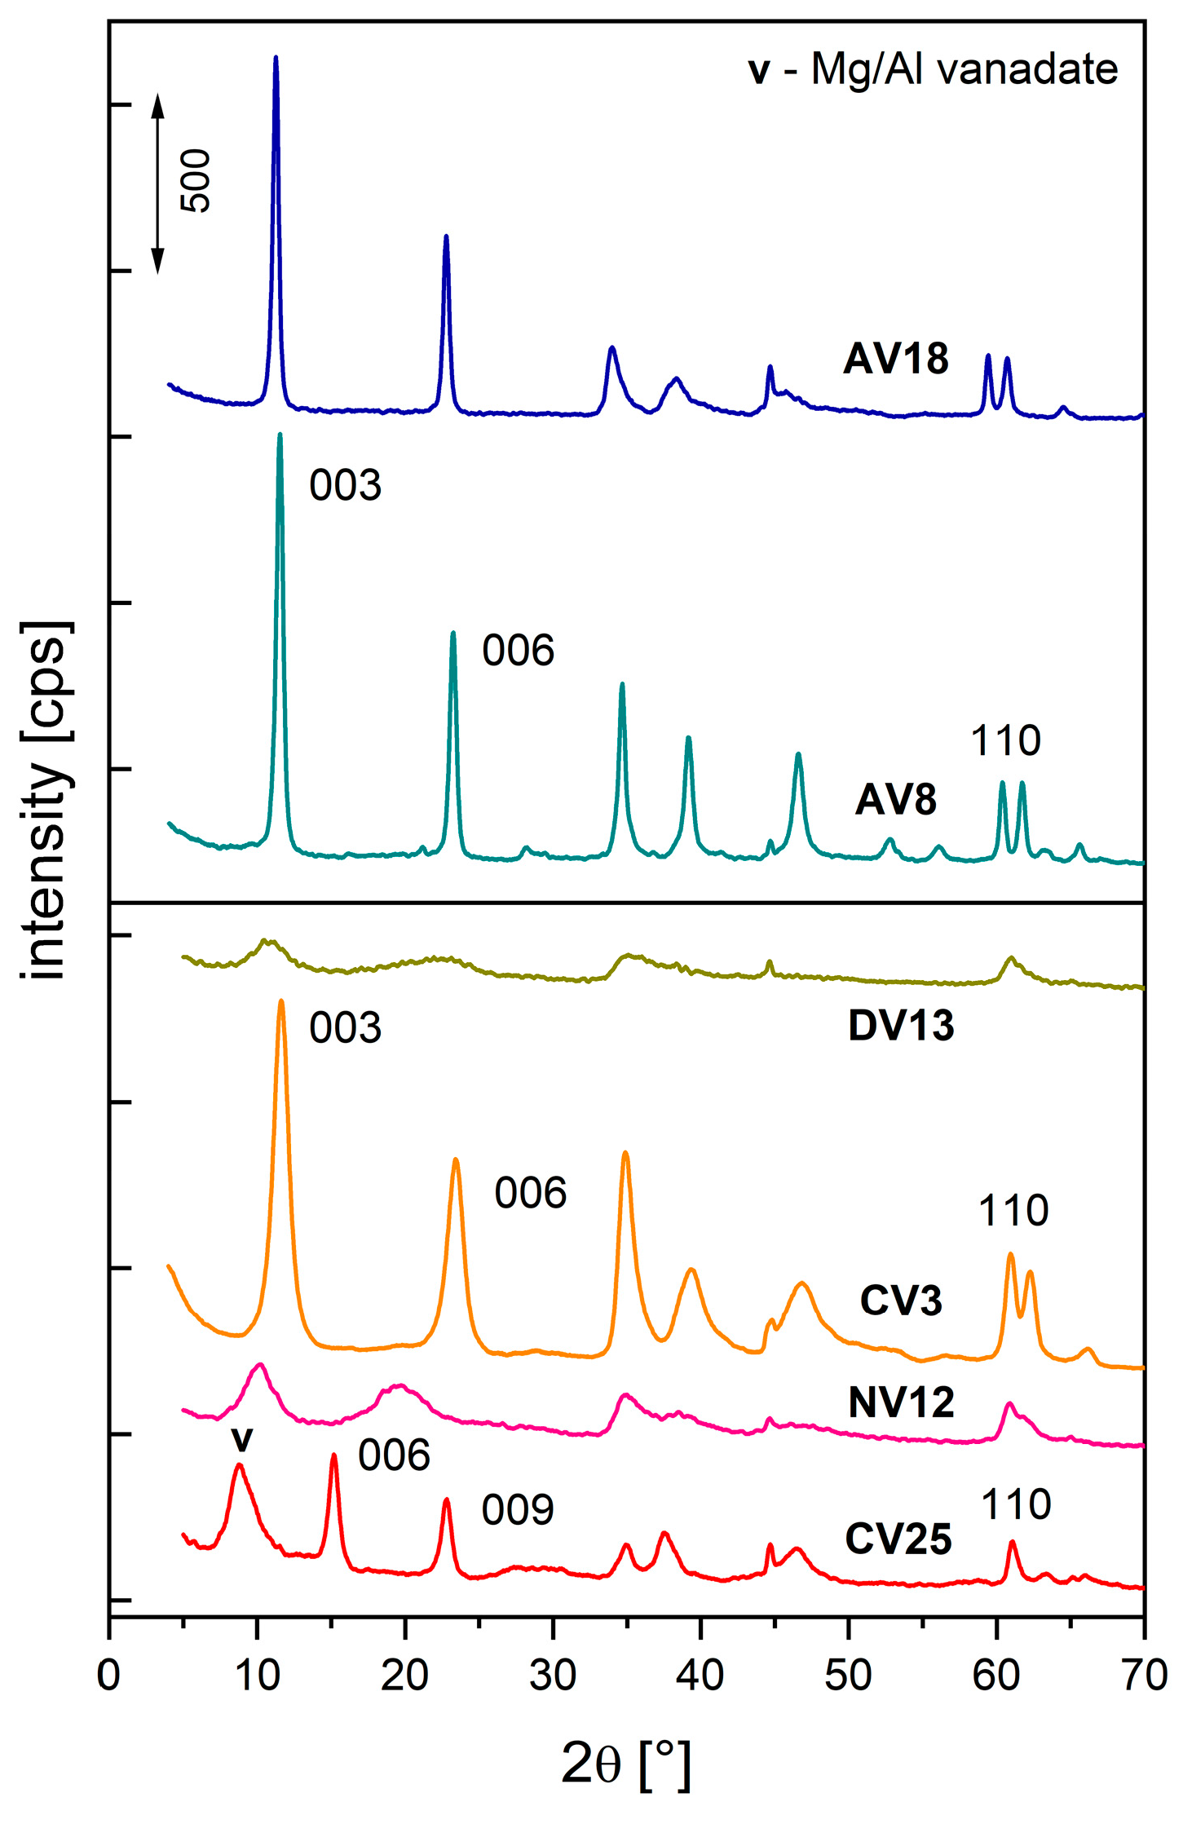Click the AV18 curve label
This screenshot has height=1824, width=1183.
[895, 359]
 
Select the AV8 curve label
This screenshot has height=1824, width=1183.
[895, 800]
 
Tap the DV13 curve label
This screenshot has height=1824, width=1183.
[900, 1027]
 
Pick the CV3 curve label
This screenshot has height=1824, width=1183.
[900, 1300]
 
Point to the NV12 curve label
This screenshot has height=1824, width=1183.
[900, 1402]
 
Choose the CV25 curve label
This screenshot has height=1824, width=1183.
[898, 1539]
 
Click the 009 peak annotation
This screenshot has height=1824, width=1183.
[518, 1510]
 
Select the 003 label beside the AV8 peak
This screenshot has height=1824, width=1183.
[345, 486]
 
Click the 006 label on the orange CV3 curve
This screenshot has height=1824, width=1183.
[530, 1194]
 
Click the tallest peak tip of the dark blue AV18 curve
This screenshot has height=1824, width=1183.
[276, 58]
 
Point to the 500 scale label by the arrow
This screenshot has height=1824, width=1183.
[196, 181]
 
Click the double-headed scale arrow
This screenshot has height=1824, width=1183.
[158, 183]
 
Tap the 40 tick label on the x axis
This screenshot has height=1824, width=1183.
[700, 1675]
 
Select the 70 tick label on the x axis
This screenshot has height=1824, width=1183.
[1143, 1675]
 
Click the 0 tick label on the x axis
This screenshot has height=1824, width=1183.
[108, 1675]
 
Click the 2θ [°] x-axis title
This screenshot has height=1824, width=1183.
[626, 1764]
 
